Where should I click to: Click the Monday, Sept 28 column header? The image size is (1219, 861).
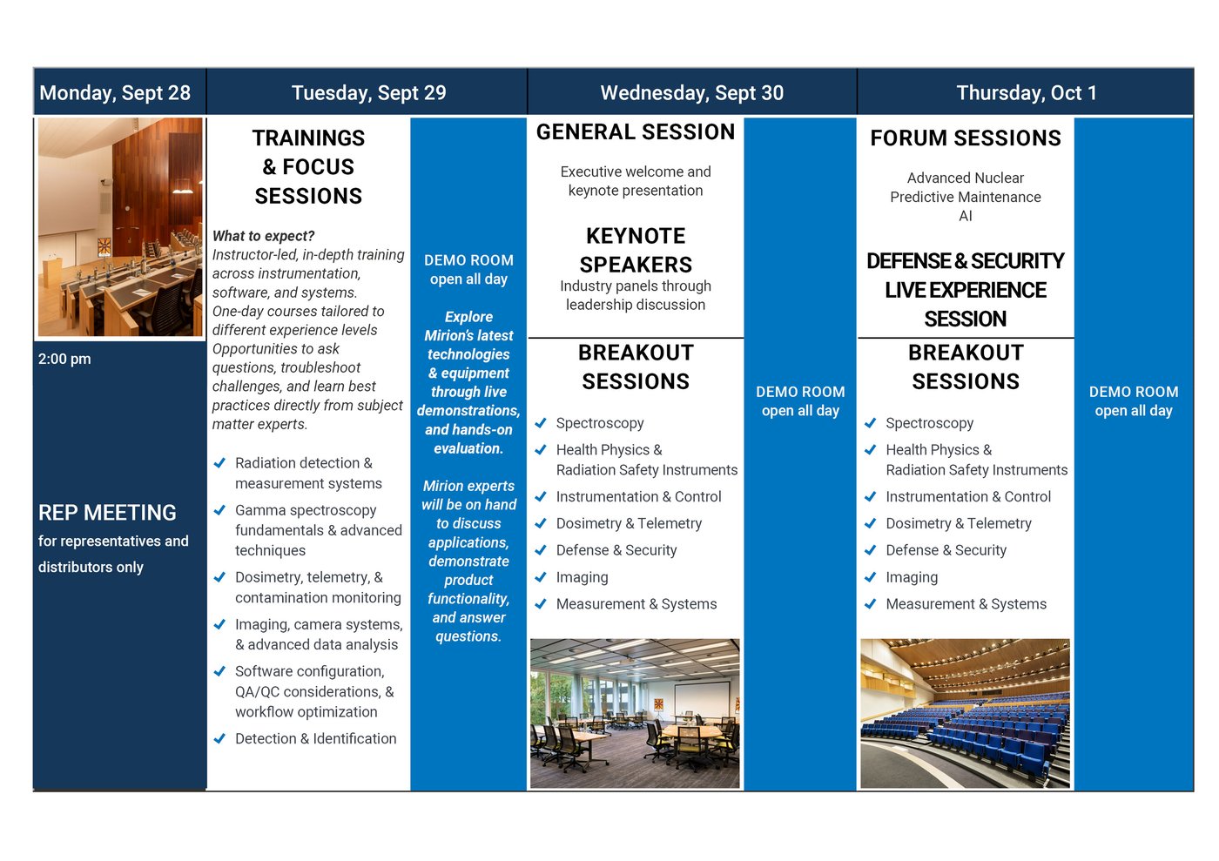click(x=115, y=93)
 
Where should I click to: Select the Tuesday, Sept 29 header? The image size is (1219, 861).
click(x=368, y=93)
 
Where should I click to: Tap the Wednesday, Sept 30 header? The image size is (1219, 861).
click(x=691, y=93)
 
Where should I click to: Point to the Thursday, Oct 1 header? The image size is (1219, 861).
click(x=1026, y=93)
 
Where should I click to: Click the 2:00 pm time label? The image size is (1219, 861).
click(x=64, y=359)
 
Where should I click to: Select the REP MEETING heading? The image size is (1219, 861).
click(x=107, y=513)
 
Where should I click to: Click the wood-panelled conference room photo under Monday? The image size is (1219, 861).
click(x=120, y=227)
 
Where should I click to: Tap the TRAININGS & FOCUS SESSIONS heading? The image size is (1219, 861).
click(x=308, y=167)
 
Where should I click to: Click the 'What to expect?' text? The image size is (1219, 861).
click(x=263, y=236)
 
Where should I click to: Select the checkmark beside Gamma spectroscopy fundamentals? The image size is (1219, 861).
click(x=220, y=510)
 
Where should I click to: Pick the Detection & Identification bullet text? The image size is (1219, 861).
click(x=315, y=738)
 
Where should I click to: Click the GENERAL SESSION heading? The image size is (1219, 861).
click(x=636, y=132)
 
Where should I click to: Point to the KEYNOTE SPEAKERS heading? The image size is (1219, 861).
click(x=636, y=250)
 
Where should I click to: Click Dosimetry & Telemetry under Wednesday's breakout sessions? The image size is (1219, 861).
click(x=629, y=523)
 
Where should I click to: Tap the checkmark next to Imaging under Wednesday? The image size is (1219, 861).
click(x=541, y=577)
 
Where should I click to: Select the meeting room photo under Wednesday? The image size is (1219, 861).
click(x=635, y=713)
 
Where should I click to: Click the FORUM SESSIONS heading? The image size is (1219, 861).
click(x=966, y=138)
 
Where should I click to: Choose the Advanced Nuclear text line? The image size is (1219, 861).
click(x=965, y=178)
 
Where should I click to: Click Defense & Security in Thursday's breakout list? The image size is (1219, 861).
click(x=946, y=550)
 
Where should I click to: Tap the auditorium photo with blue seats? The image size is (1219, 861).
click(x=965, y=713)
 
